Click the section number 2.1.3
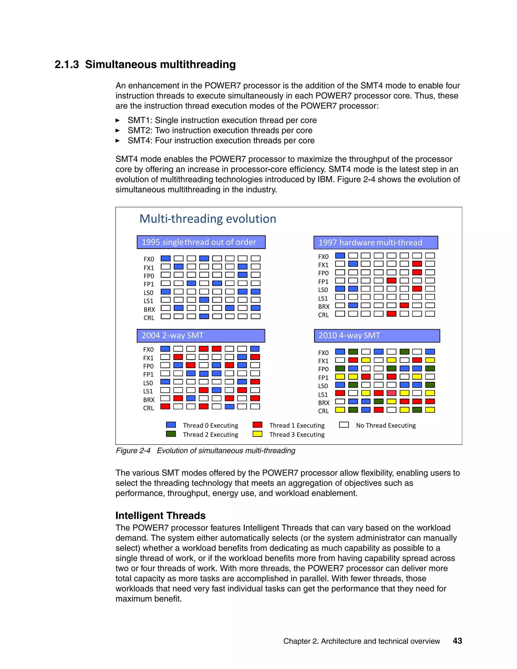click(x=66, y=65)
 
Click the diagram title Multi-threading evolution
click(x=208, y=219)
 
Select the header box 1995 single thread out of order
click(x=201, y=242)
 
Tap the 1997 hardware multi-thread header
click(x=375, y=243)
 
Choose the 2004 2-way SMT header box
click(x=201, y=336)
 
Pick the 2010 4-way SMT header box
click(x=377, y=336)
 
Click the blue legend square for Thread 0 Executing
click(x=171, y=425)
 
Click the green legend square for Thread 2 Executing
click(x=171, y=434)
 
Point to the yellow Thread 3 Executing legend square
click(x=257, y=434)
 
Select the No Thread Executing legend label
click(x=386, y=425)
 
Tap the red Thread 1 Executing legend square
click(x=257, y=425)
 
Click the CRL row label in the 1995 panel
click(x=149, y=318)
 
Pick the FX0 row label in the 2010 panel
click(x=323, y=353)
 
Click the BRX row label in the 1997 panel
click(x=324, y=306)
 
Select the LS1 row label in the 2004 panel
click(x=148, y=391)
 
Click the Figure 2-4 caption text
click(x=205, y=451)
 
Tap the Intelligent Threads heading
click(x=160, y=516)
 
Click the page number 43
click(x=457, y=641)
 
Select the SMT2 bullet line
click(x=220, y=131)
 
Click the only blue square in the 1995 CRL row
click(x=204, y=316)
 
